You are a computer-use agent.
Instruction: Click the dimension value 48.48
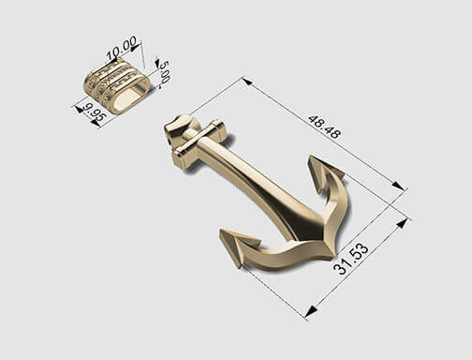click(325, 127)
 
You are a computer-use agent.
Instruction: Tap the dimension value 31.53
click(351, 259)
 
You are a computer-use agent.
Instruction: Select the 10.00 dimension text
click(122, 48)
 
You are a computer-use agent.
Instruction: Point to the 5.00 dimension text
click(165, 72)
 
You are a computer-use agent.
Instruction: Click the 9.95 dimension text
click(95, 112)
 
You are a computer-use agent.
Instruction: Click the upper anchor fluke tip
click(310, 157)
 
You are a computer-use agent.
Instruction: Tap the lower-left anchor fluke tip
click(221, 232)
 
